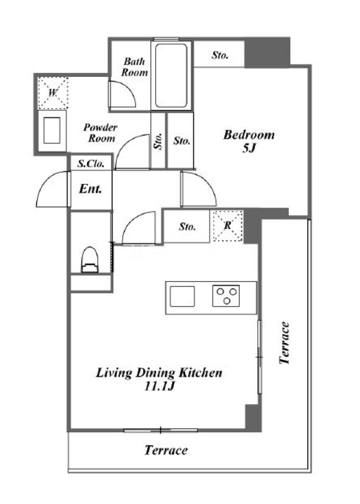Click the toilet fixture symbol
[89, 260]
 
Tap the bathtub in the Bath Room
[171, 76]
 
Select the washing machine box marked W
[53, 93]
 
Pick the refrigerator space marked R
[228, 226]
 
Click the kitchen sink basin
[182, 296]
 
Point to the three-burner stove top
[226, 296]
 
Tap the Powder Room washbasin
[52, 130]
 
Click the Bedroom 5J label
[249, 141]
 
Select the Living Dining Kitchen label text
[159, 373]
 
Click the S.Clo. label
[91, 164]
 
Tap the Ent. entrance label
[90, 189]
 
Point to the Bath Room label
[134, 67]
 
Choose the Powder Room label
[100, 133]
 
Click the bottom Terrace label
[166, 450]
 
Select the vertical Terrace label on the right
[284, 343]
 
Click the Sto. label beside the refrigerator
[187, 227]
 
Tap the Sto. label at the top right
[220, 55]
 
